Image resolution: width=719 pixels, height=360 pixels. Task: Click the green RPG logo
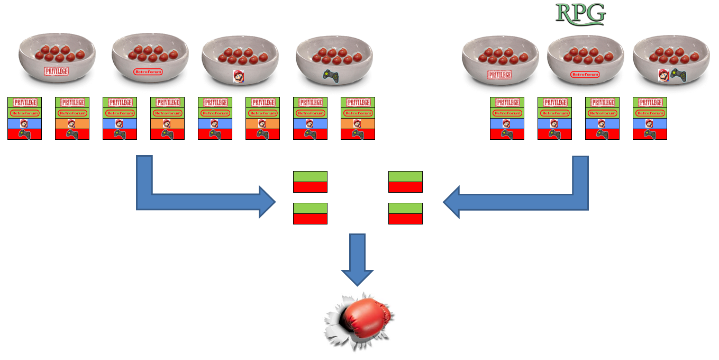tap(580, 14)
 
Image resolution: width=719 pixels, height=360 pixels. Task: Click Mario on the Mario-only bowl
tap(238, 76)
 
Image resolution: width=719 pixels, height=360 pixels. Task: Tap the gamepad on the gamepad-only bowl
tap(332, 75)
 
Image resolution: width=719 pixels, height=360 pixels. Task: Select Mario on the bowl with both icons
tap(663, 75)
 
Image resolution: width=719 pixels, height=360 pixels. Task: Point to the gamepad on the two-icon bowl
tap(677, 74)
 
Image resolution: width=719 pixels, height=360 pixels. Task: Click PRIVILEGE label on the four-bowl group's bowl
tap(57, 70)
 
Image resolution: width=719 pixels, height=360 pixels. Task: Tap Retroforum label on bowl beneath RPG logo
tap(584, 75)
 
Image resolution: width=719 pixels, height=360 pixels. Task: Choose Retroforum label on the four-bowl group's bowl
tap(148, 71)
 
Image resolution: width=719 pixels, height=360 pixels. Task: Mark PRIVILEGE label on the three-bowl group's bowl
tap(500, 75)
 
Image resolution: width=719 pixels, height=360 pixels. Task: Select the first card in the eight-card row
tap(24, 118)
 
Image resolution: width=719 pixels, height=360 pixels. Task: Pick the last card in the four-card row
tap(650, 118)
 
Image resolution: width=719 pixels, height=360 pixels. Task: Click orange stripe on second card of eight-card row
tap(72, 123)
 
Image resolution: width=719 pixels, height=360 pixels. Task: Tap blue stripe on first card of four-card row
tap(507, 123)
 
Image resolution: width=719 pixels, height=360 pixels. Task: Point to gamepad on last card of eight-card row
tap(358, 134)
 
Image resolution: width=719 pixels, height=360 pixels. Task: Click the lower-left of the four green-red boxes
tap(310, 213)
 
